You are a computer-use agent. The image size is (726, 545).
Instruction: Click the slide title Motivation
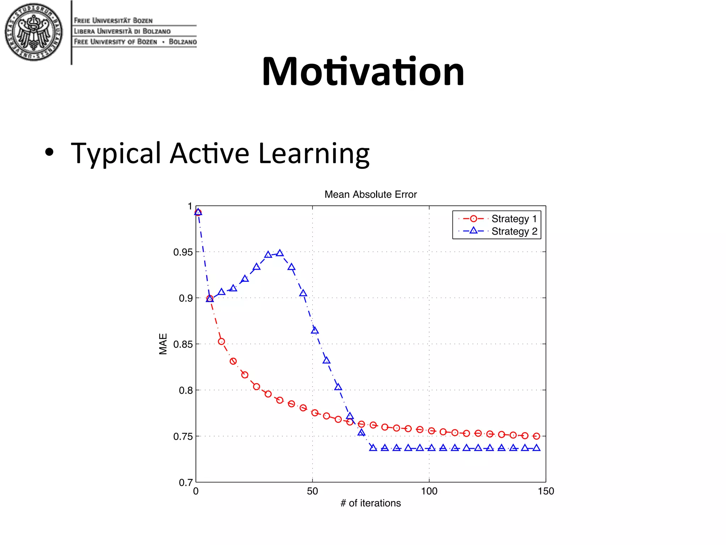363,72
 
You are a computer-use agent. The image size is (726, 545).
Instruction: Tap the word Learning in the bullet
314,154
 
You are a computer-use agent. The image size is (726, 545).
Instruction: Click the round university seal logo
34,32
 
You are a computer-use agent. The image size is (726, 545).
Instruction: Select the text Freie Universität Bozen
113,21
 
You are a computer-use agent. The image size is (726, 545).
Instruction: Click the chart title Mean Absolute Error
370,194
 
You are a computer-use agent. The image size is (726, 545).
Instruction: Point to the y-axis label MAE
163,343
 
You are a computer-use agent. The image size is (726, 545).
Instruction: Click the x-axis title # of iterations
370,503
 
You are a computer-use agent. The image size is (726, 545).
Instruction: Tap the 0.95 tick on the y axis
183,252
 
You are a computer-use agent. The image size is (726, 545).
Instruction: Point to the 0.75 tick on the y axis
183,436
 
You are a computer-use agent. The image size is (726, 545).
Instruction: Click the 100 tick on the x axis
429,491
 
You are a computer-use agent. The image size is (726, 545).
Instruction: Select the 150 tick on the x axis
546,491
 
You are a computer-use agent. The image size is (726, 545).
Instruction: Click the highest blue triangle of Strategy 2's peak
280,253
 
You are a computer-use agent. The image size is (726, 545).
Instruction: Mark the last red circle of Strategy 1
536,436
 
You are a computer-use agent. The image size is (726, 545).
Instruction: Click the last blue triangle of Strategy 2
536,448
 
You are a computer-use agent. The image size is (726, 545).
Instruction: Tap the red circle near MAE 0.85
221,342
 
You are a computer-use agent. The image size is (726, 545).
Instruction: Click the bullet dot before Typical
50,153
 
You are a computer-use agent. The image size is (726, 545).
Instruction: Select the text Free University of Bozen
115,42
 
